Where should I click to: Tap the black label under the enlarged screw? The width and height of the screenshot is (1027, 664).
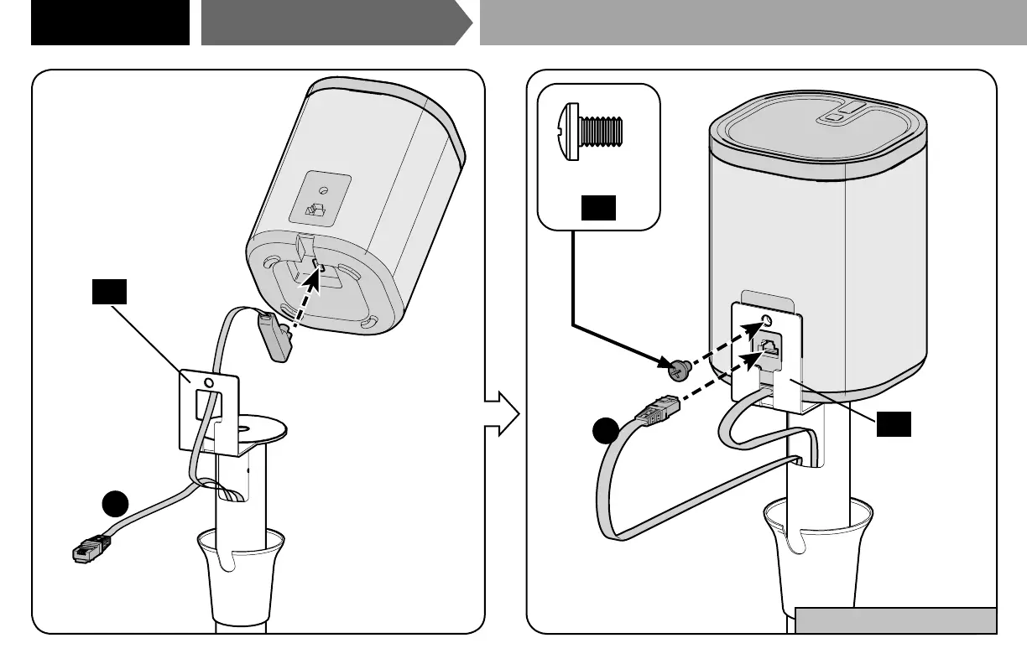[x=598, y=207]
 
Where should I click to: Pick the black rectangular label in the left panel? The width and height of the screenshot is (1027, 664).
[x=109, y=292]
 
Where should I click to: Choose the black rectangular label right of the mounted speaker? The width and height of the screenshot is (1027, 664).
[x=894, y=425]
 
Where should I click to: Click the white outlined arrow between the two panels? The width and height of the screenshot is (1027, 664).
[x=503, y=413]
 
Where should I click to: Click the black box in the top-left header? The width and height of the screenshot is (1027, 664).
[x=110, y=22]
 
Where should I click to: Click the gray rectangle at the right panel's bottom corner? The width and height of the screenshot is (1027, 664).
[x=895, y=620]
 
